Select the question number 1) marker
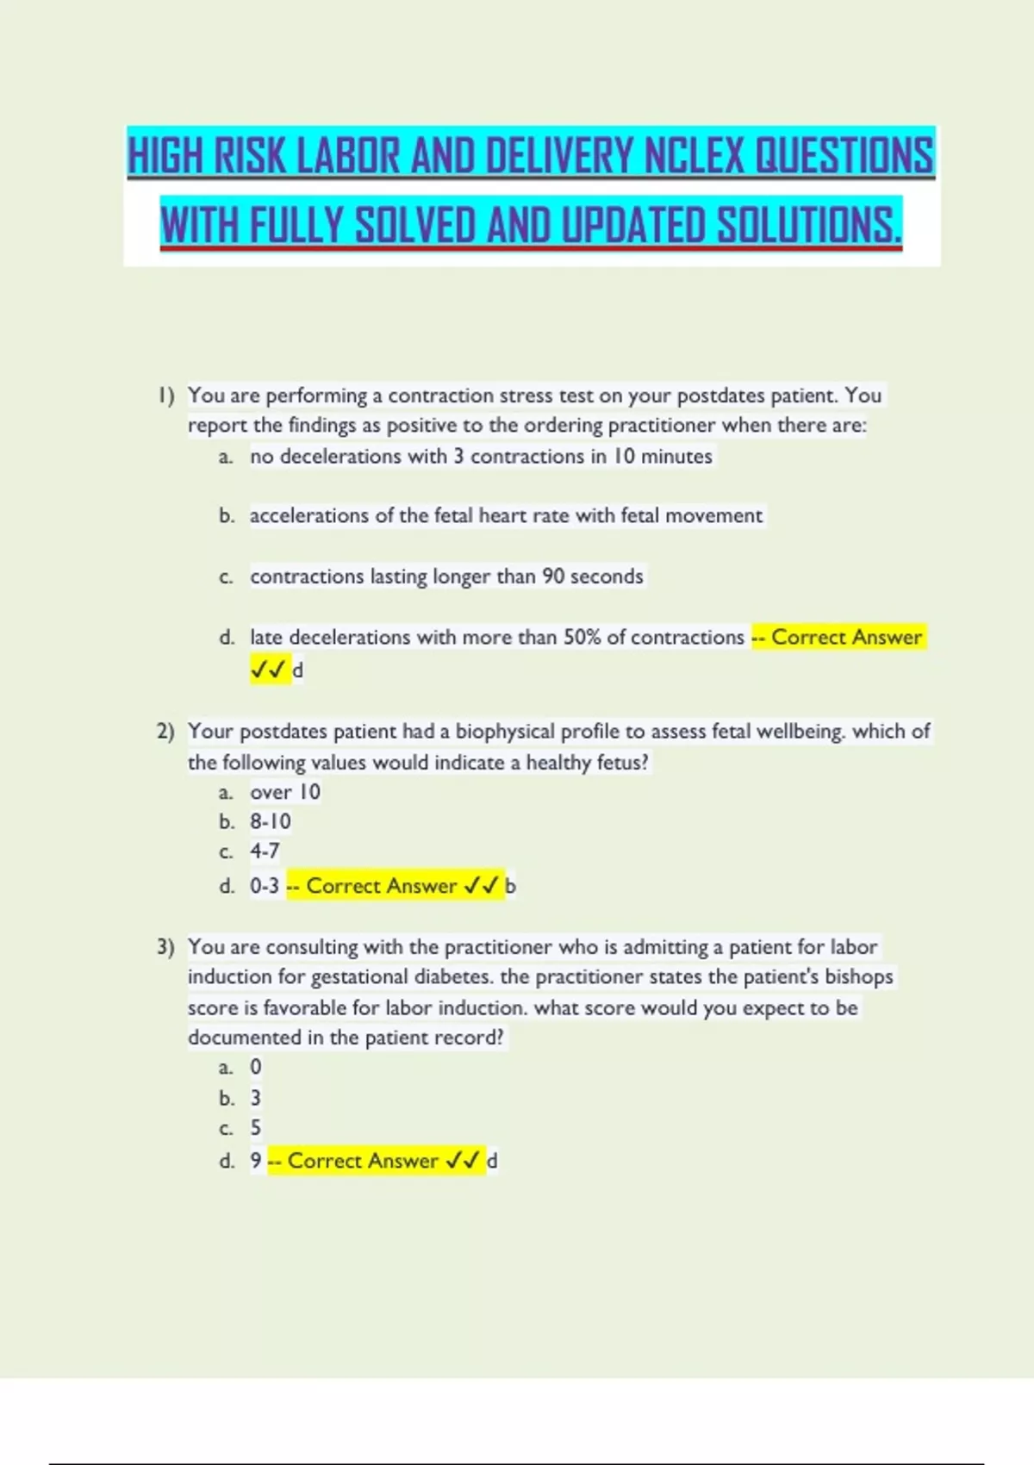click(166, 396)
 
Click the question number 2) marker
click(166, 732)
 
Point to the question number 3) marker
click(166, 947)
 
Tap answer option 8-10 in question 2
click(271, 821)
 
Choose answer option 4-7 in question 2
click(265, 851)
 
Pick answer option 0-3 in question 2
click(265, 886)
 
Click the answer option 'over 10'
click(285, 792)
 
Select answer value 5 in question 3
click(256, 1128)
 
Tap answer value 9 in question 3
click(256, 1161)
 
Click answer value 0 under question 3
click(256, 1067)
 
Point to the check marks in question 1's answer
click(268, 670)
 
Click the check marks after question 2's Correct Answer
click(482, 886)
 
